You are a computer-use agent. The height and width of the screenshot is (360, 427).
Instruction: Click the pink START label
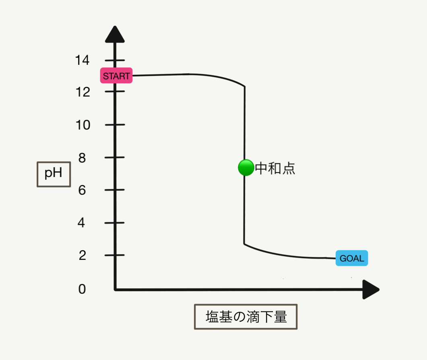[x=116, y=76]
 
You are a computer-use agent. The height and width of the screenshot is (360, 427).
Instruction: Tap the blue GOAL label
[x=352, y=258]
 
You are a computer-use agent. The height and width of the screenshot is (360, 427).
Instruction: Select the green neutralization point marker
[x=245, y=168]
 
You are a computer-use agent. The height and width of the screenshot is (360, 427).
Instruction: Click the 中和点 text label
[x=275, y=169]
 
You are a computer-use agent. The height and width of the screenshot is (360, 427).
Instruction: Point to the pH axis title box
[x=54, y=174]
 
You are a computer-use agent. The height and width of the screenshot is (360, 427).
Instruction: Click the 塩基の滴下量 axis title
[x=246, y=317]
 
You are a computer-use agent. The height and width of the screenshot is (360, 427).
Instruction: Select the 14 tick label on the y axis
[x=82, y=60]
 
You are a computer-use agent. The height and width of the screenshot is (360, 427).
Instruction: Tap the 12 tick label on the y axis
[x=82, y=92]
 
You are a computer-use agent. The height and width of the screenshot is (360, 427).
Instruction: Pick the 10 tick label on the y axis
[x=82, y=125]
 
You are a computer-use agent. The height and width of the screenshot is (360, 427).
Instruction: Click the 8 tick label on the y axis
[x=82, y=158]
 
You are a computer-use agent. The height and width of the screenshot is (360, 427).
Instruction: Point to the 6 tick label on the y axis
[x=82, y=190]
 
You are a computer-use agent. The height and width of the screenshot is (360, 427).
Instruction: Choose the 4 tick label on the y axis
[x=82, y=223]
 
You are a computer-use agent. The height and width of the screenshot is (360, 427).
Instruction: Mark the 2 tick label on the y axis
[x=82, y=255]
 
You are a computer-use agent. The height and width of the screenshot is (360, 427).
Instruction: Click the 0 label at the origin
[x=82, y=289]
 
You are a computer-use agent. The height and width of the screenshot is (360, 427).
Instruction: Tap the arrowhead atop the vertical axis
[x=115, y=35]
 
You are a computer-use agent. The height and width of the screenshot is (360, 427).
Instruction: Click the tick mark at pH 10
[x=115, y=125]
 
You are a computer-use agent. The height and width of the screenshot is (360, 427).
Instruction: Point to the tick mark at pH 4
[x=115, y=222]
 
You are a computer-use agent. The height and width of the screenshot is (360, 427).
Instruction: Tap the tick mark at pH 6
[x=115, y=189]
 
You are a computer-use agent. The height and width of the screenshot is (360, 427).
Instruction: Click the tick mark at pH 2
[x=115, y=255]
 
